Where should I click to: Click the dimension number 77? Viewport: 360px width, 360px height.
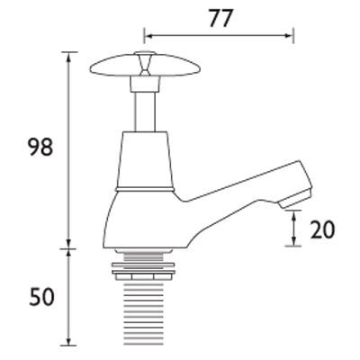(x=220, y=19)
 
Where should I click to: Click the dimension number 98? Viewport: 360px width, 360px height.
(x=40, y=147)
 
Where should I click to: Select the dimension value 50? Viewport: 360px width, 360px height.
(x=41, y=296)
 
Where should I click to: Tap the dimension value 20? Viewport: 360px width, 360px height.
(x=322, y=229)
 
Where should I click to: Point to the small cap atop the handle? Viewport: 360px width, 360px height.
(x=145, y=54)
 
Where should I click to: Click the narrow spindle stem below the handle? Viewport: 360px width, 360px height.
(x=145, y=112)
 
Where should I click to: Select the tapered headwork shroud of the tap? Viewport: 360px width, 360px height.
(x=145, y=160)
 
